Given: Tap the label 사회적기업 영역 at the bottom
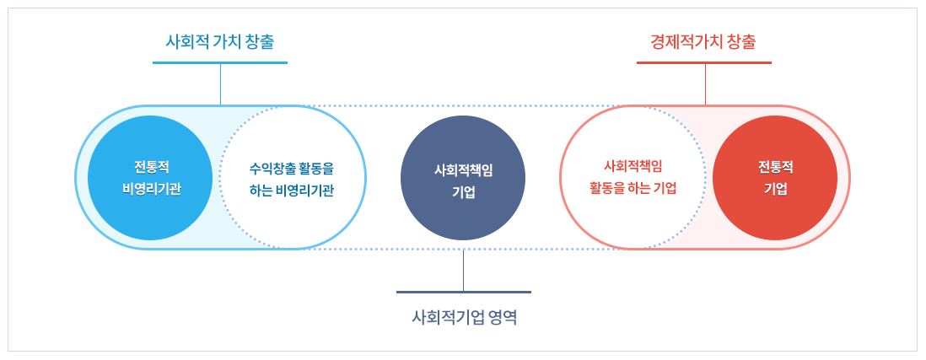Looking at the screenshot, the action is coord(463,318).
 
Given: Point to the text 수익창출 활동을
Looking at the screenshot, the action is coord(291,167).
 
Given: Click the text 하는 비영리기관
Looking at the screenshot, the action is coord(291,190).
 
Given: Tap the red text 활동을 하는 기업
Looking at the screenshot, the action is coord(633,188).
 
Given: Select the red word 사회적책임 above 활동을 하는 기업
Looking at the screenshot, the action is coord(633,166).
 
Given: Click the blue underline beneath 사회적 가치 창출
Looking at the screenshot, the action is coord(220,62).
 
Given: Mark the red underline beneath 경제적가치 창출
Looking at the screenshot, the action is coord(703,62).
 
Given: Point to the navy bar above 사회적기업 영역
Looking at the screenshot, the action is coord(463,292).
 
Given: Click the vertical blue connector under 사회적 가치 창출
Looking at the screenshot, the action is coord(220,83).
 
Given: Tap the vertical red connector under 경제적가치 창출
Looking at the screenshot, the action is coord(705,83).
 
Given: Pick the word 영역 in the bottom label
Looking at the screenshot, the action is coord(500,318).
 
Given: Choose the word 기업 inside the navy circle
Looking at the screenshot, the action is coord(463,191).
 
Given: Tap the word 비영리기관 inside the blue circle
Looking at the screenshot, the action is coord(150,188).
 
